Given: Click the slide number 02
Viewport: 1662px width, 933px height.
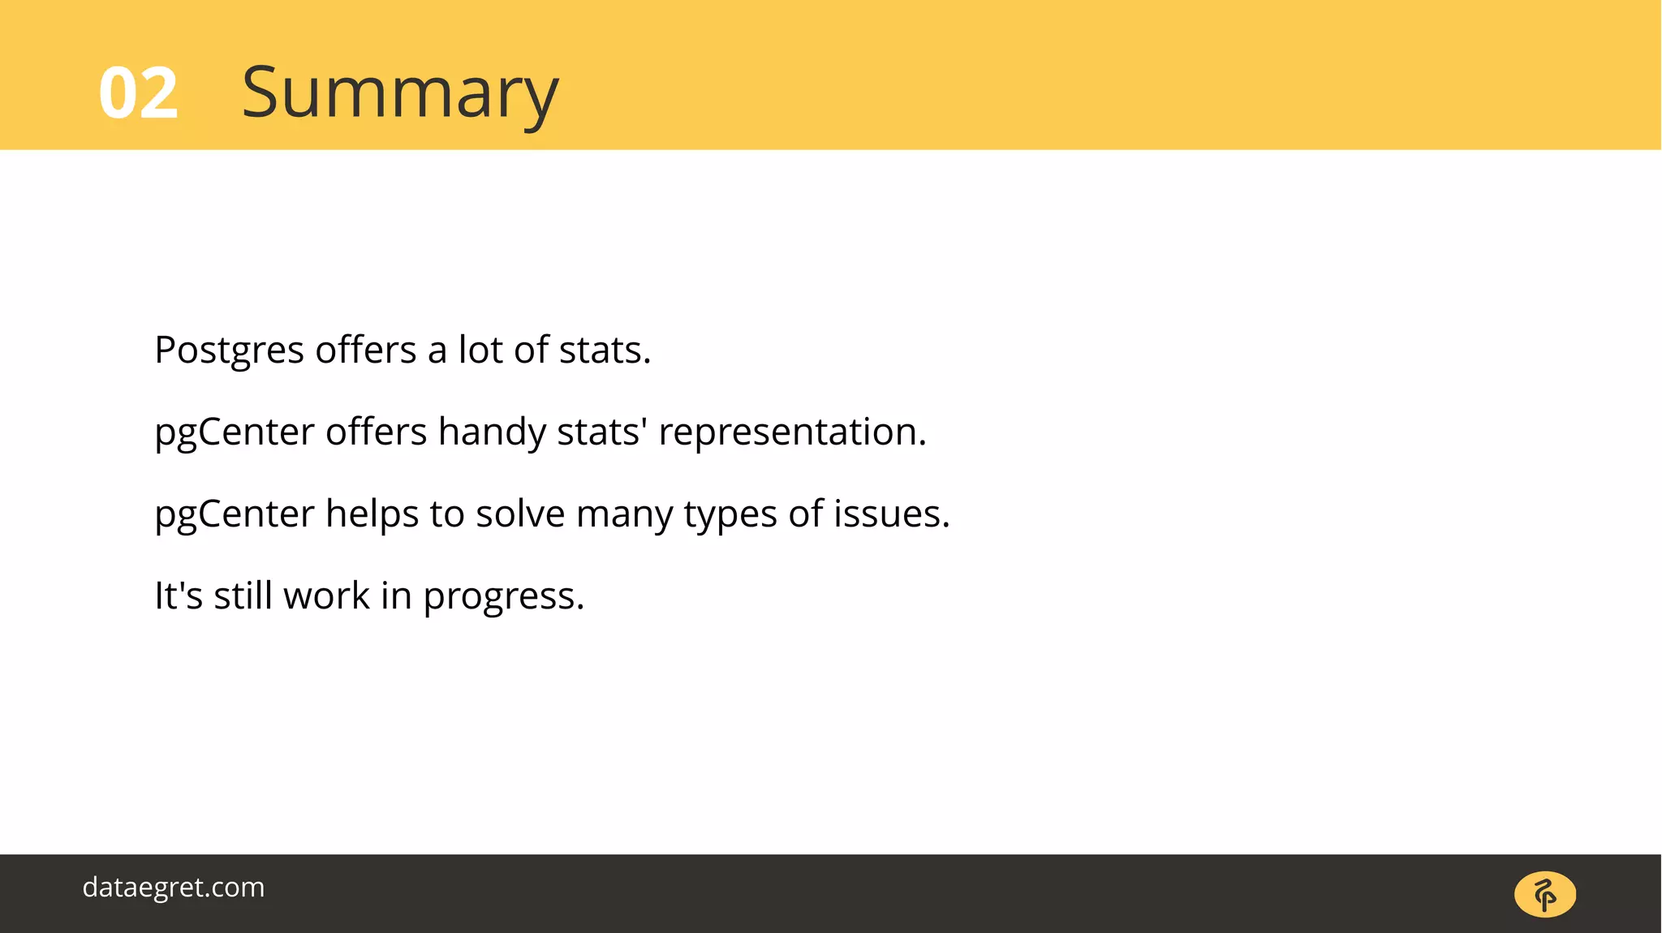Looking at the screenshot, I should (x=138, y=93).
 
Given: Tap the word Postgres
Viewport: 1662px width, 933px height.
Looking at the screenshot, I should (x=229, y=351).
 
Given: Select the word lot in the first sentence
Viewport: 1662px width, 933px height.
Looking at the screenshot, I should (x=480, y=350).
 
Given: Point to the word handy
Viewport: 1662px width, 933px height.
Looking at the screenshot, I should (x=492, y=432).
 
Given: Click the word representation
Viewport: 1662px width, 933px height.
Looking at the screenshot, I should (x=792, y=432).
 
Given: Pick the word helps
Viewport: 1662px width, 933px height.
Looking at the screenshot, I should (x=372, y=514).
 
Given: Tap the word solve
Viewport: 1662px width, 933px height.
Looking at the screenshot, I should (x=519, y=514).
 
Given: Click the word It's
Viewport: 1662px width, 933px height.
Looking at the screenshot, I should (x=179, y=595).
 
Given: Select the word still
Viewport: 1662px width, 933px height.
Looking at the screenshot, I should (x=243, y=595).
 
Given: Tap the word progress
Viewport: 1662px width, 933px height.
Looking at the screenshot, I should (x=503, y=597).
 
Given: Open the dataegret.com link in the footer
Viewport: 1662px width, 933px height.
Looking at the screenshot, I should (x=174, y=888).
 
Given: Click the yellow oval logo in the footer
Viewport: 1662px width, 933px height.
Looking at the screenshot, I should (x=1545, y=895).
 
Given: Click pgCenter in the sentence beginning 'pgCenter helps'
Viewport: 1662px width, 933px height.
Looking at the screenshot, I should (x=235, y=514).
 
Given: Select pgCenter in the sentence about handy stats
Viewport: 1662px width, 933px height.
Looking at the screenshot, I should (x=235, y=432).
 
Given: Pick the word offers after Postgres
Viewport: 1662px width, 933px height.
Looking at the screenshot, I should (x=365, y=350).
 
